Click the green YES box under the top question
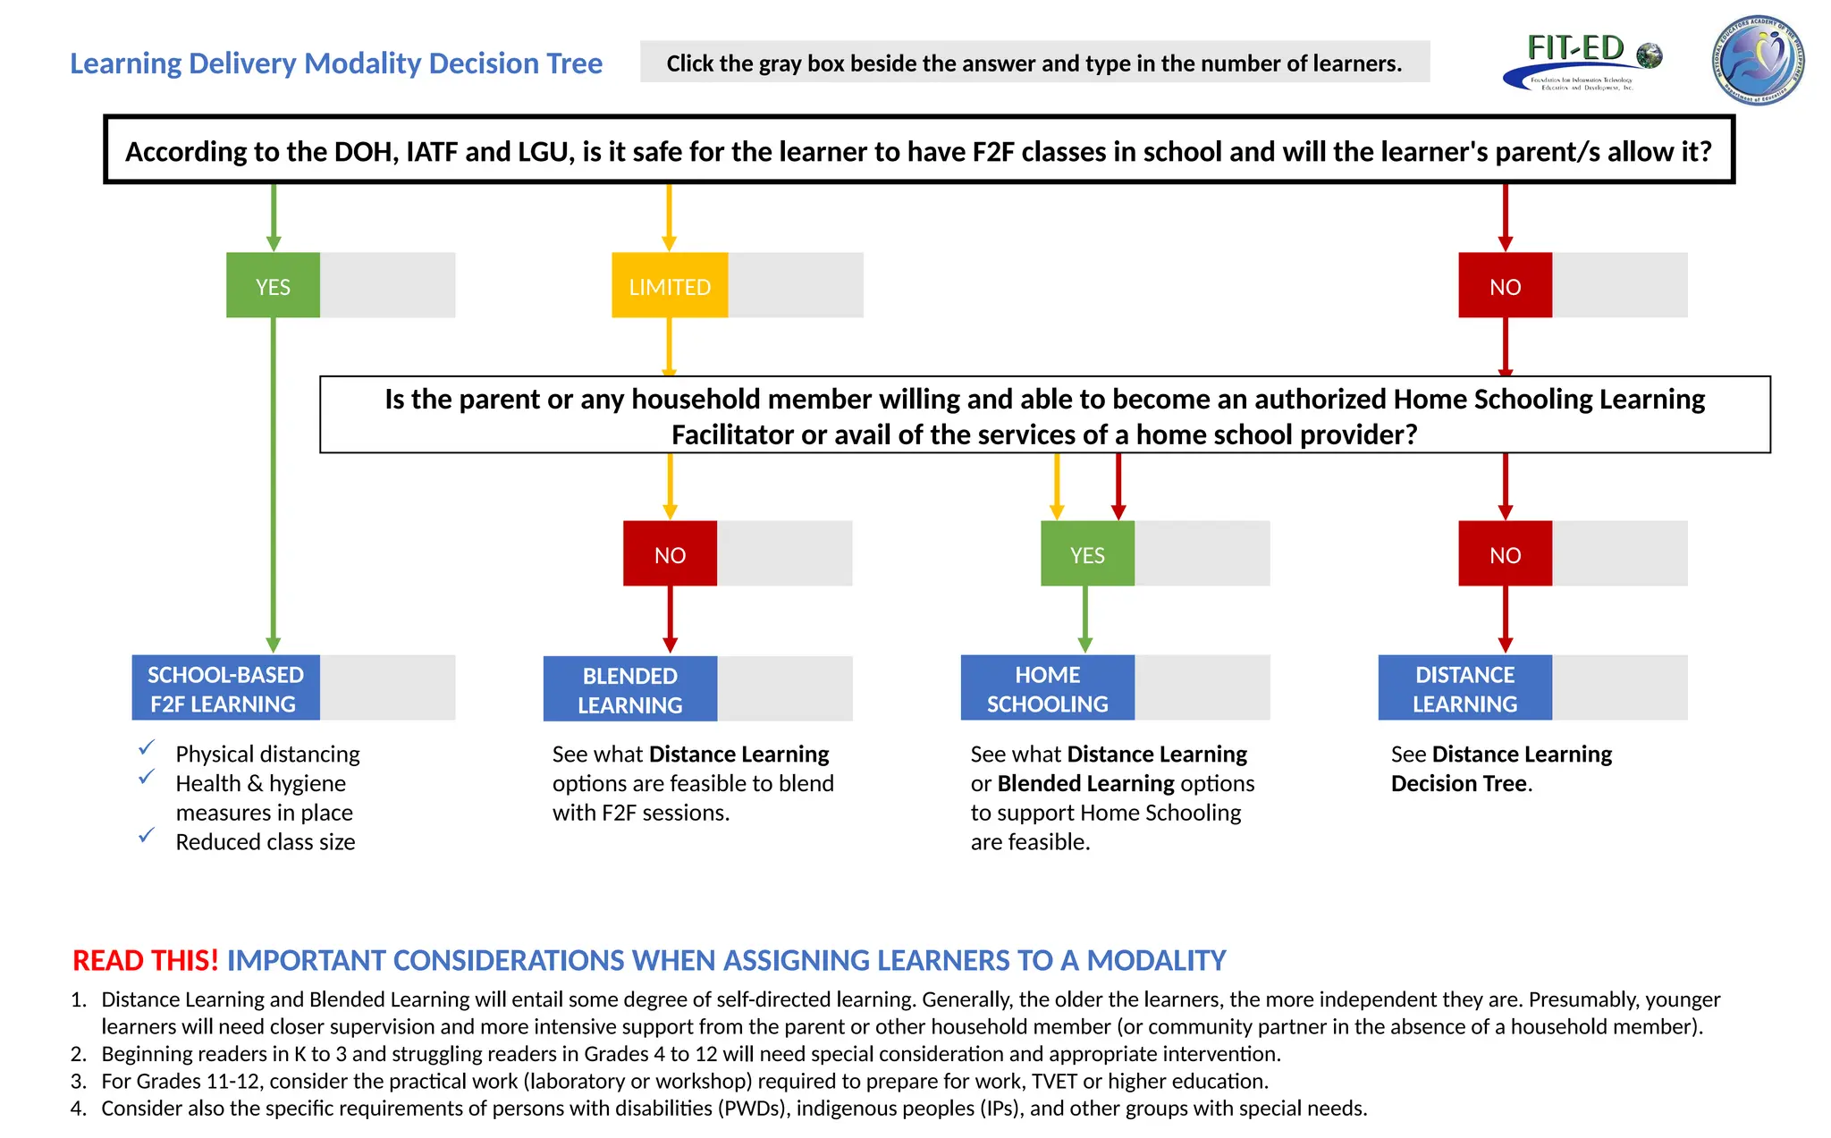point(273,285)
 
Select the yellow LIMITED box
point(670,285)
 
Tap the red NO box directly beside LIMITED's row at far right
point(1505,285)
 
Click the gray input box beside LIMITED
point(796,285)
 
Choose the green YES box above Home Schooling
point(1087,553)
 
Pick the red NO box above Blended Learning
point(670,553)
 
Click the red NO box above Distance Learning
point(1505,553)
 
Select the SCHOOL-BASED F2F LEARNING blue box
point(225,687)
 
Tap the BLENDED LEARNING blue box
point(629,688)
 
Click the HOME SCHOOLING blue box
point(1047,687)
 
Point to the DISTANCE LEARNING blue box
point(1464,687)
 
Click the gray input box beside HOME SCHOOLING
point(1202,687)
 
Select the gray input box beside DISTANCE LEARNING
point(1619,687)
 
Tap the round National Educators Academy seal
point(1758,61)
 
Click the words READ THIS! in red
point(145,960)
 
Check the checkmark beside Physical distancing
point(147,747)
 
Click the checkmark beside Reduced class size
point(147,835)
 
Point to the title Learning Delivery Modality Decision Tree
point(336,63)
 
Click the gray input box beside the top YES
point(387,285)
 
